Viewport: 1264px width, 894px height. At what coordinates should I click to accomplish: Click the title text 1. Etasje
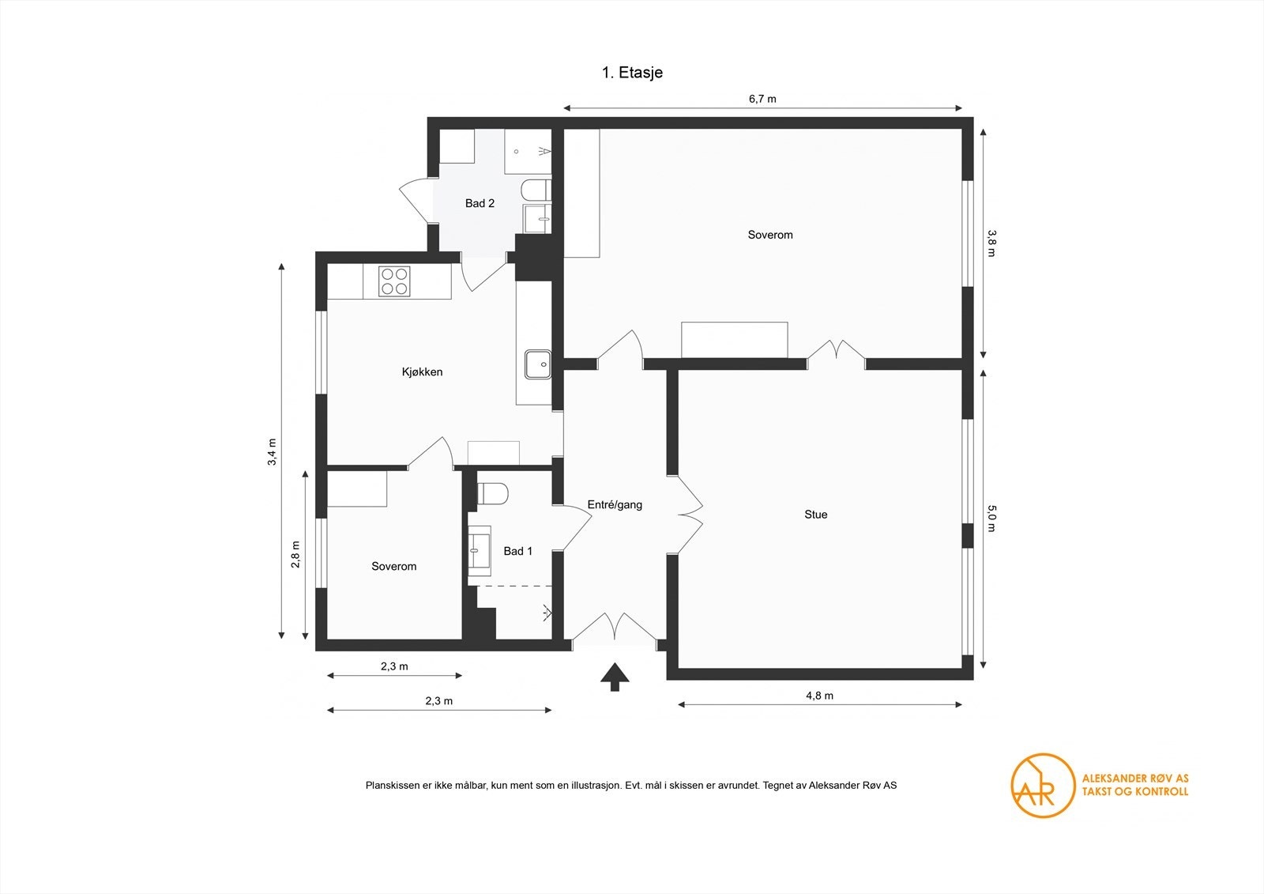632,73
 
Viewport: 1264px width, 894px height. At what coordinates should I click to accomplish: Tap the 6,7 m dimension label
762,99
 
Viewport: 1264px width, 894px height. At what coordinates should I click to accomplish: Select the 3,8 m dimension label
992,243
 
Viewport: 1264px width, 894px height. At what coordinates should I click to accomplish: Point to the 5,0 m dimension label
992,519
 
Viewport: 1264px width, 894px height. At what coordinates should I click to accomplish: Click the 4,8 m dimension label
819,696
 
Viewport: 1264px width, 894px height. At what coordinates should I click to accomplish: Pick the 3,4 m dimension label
272,452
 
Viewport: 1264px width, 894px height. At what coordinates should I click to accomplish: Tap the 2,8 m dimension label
295,554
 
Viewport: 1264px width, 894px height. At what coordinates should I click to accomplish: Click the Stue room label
815,515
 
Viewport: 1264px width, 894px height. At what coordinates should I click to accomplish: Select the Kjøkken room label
422,372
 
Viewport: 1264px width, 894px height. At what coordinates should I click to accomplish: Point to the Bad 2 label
480,203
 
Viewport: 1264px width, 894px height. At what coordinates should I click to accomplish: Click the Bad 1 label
517,551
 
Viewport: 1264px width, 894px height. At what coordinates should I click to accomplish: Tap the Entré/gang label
615,504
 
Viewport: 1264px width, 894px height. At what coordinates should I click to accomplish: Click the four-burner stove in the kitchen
394,281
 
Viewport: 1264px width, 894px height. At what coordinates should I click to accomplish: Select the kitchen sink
538,364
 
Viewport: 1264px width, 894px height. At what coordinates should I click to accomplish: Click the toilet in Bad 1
493,494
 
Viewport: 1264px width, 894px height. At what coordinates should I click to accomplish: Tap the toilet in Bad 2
535,190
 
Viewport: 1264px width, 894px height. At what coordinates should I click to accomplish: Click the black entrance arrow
615,677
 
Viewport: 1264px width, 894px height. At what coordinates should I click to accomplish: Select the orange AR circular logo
1043,785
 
